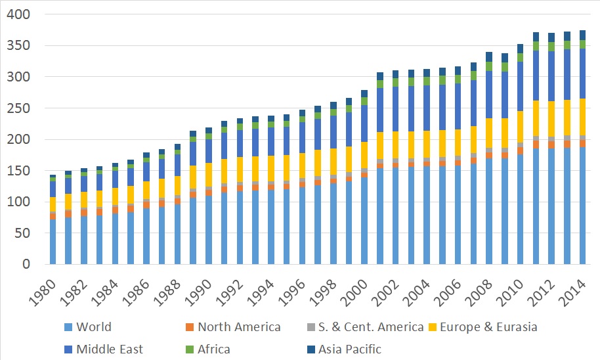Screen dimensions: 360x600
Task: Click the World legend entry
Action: pyautogui.click(x=94, y=327)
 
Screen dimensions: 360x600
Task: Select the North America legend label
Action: pyautogui.click(x=239, y=327)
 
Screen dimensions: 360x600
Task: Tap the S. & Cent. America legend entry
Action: pyautogui.click(x=360, y=327)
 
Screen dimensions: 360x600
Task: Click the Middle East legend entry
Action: pyautogui.click(x=110, y=349)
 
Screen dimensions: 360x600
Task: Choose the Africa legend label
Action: pyautogui.click(x=213, y=349)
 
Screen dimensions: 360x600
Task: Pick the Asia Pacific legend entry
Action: pyautogui.click(x=350, y=349)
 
